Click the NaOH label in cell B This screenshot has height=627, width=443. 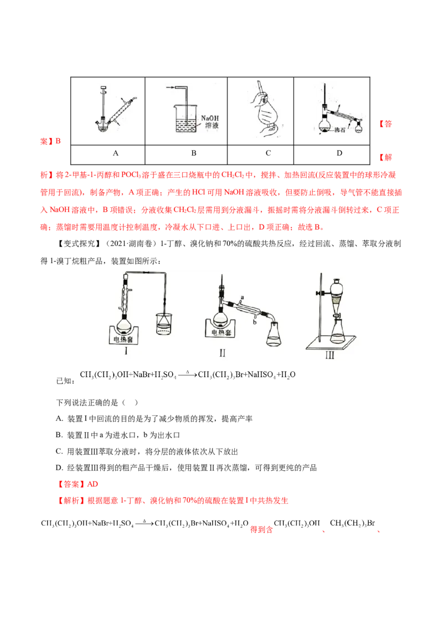coord(209,118)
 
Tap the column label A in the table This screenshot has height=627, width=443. coord(116,153)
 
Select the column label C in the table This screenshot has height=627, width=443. coord(268,153)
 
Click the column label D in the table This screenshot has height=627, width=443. coord(339,153)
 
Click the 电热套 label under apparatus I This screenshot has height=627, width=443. coord(123,340)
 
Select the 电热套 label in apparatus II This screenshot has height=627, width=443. coord(221,332)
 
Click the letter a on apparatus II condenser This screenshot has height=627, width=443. coord(242,298)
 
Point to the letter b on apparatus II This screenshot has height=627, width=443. coord(255,321)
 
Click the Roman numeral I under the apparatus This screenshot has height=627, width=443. coord(126,351)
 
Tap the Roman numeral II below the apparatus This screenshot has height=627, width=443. coord(222,353)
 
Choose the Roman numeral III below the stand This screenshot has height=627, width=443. coord(329,354)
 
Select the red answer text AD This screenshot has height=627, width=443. coord(92,484)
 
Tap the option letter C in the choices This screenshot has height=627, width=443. coord(59,451)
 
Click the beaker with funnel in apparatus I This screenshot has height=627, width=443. coord(164,323)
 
